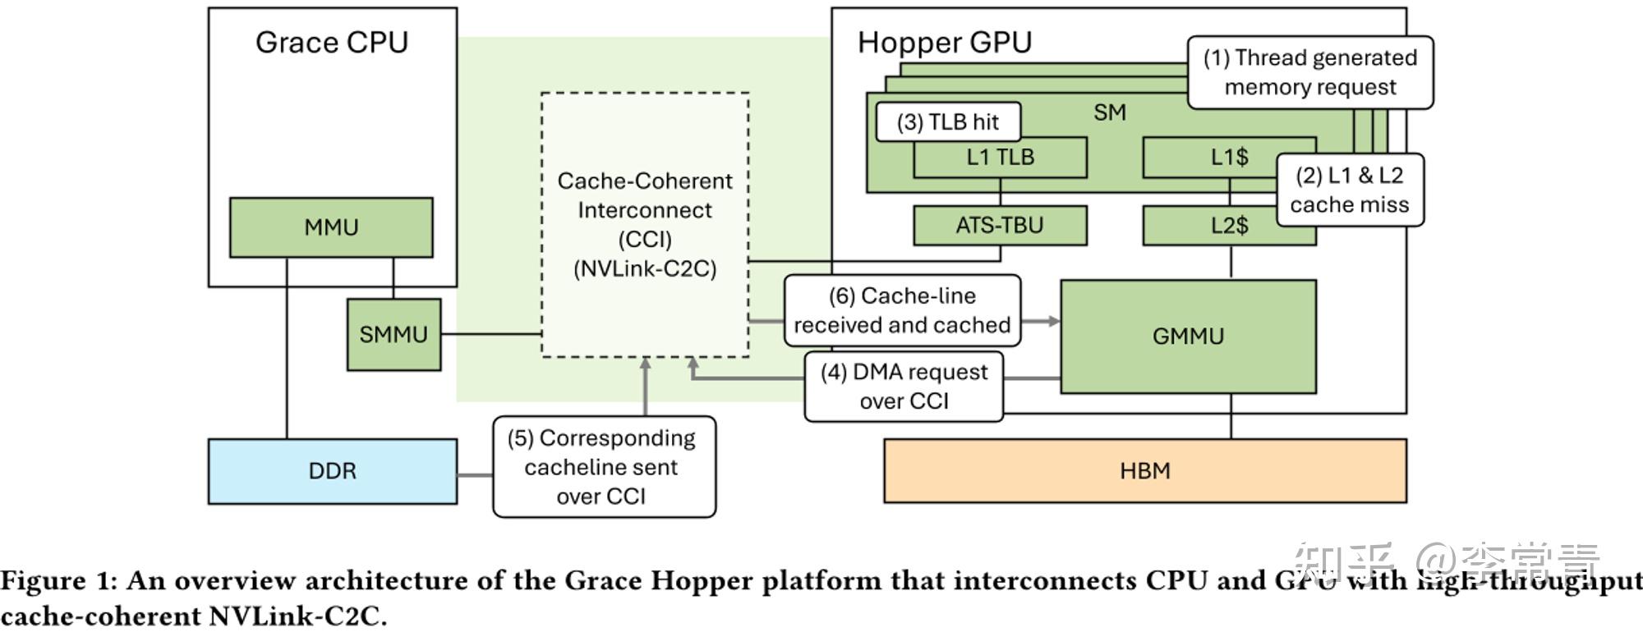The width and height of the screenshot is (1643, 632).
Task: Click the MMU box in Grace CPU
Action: pos(331,227)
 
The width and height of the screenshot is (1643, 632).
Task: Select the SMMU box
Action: pos(393,334)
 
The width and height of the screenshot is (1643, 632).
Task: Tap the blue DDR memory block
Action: pos(332,471)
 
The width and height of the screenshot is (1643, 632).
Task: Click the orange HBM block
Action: pos(1144,471)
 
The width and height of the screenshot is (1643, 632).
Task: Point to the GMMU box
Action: pos(1188,337)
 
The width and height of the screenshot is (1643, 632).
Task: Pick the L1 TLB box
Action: pos(1000,158)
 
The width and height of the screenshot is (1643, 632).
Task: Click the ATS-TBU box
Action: pos(1000,226)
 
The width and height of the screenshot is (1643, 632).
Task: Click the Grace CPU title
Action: pos(331,43)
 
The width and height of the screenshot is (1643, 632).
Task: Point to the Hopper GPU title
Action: pos(945,43)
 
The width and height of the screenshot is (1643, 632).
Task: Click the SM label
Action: pos(1109,113)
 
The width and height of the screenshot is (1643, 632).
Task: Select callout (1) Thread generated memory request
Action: pos(1310,72)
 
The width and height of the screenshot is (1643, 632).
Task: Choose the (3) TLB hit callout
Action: pos(948,122)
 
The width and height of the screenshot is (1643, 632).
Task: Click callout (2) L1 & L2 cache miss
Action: pos(1350,190)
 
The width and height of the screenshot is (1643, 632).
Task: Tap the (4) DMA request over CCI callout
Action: pos(904,387)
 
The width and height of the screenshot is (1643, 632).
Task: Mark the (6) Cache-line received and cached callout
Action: pos(902,310)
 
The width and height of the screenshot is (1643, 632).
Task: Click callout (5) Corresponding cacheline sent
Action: pos(604,467)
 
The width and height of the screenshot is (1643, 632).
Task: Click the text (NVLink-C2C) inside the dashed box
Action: pos(645,269)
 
